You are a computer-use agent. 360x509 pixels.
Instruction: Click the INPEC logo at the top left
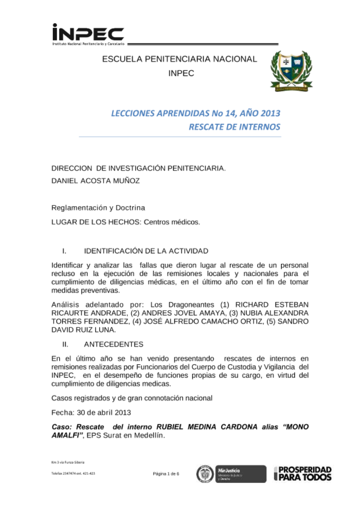[x=88, y=35]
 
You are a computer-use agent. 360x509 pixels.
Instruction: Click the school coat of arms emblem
[x=291, y=71]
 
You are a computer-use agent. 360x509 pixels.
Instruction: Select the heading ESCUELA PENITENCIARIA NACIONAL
[x=179, y=59]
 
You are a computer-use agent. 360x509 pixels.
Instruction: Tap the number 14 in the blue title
[x=230, y=113]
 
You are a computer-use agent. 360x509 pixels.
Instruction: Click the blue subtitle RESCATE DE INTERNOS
[x=234, y=127]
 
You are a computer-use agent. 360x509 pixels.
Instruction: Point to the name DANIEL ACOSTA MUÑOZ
[x=95, y=181]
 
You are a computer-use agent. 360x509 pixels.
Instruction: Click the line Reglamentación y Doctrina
[x=98, y=208]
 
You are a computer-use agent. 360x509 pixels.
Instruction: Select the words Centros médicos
[x=172, y=222]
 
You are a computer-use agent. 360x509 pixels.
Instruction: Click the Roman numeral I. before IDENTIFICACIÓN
[x=64, y=251]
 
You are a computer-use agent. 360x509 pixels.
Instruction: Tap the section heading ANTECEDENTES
[x=113, y=344]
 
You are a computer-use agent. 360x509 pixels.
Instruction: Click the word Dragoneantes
[x=191, y=305]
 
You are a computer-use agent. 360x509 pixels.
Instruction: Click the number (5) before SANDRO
[x=271, y=321]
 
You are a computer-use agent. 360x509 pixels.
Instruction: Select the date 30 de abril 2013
[x=104, y=412]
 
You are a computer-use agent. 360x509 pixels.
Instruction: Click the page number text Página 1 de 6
[x=166, y=474]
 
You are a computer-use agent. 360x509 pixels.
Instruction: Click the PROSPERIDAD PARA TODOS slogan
[x=305, y=473]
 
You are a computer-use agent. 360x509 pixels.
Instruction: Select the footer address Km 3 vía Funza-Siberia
[x=68, y=462]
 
